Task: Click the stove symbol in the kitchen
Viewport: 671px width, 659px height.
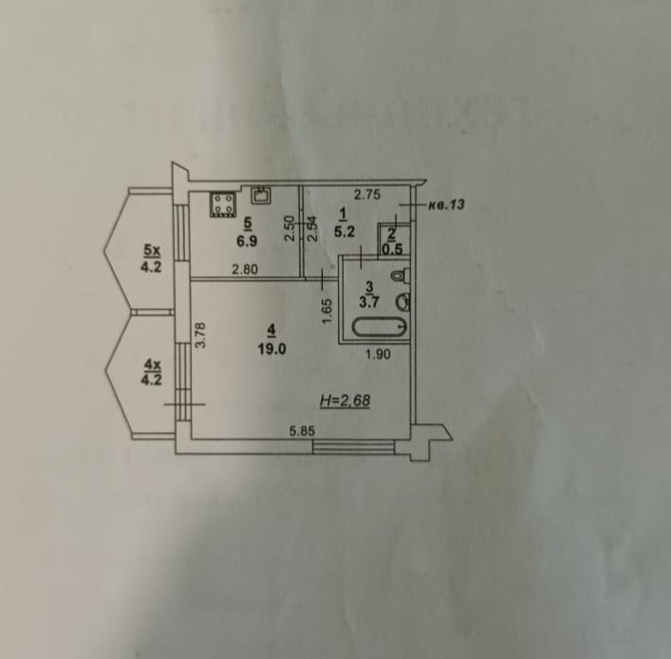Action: pyautogui.click(x=224, y=203)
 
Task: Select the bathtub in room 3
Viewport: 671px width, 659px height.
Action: pyautogui.click(x=380, y=329)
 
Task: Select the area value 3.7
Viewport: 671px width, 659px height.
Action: pyautogui.click(x=370, y=300)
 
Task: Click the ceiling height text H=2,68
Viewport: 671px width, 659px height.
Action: pyautogui.click(x=345, y=402)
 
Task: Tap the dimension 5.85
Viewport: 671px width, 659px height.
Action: pyautogui.click(x=303, y=432)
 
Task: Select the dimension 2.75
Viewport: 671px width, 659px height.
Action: pyautogui.click(x=366, y=195)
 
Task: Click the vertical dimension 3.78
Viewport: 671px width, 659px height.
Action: pyautogui.click(x=200, y=335)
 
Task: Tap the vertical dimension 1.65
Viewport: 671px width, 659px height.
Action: pyautogui.click(x=326, y=311)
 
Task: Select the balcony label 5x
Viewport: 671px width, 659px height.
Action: pyautogui.click(x=151, y=250)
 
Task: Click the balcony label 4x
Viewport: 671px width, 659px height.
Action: pyautogui.click(x=151, y=362)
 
